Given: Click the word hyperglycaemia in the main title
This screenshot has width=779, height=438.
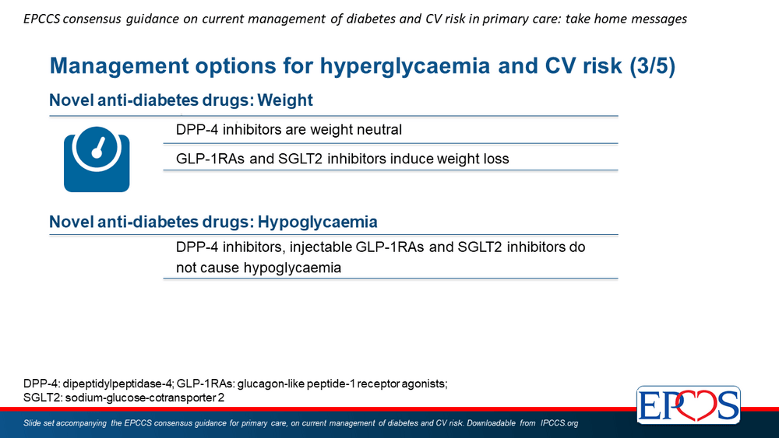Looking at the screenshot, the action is click(x=404, y=66).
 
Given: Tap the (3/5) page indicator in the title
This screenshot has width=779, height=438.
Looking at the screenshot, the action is click(x=652, y=66).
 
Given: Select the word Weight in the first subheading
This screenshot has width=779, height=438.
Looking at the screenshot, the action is click(x=285, y=100).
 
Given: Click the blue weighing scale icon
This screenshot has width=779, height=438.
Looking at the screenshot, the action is click(x=97, y=159).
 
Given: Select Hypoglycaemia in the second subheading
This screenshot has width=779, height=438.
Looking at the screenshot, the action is click(x=318, y=222).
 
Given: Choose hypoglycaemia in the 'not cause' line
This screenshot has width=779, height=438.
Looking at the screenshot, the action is click(x=292, y=268).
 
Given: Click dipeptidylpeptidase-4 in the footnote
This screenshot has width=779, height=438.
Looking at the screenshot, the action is click(x=118, y=384).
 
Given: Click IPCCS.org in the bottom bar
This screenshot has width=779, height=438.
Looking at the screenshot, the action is click(x=559, y=423).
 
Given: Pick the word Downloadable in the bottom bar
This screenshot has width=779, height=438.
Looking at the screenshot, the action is click(x=491, y=423).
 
